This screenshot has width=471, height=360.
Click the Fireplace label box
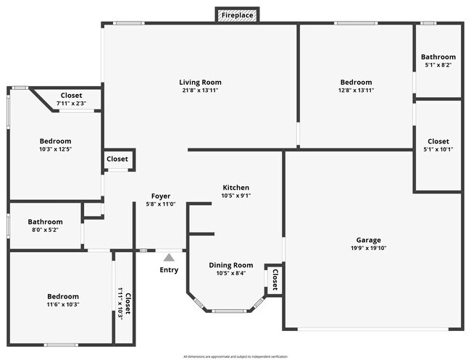[237, 14]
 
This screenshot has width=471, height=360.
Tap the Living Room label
[200, 82]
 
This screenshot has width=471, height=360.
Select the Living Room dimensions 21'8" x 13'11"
[200, 91]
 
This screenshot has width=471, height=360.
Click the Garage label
[368, 240]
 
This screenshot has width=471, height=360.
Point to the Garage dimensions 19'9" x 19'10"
[368, 248]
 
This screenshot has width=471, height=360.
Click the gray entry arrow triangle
[169, 256]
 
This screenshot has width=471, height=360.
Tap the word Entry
[169, 270]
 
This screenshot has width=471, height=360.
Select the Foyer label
[161, 196]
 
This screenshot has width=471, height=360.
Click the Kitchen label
[236, 187]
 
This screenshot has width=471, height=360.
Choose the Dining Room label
[231, 265]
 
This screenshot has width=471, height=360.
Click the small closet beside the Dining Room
[275, 279]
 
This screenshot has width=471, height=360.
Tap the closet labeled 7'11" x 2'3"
[71, 96]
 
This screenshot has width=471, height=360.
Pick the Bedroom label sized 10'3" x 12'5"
[55, 141]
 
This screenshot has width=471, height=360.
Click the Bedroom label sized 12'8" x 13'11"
[356, 82]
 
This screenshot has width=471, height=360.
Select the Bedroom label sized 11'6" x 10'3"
[63, 296]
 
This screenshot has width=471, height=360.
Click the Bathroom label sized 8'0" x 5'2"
[45, 222]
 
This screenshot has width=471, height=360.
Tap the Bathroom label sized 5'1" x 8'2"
[438, 57]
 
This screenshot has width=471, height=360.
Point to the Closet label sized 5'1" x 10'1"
[438, 141]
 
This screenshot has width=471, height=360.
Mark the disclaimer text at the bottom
[236, 356]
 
